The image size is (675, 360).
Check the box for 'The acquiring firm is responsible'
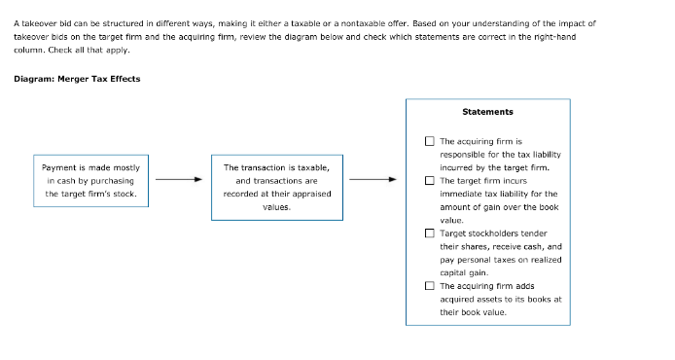(429, 141)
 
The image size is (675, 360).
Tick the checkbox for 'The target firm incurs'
(429, 180)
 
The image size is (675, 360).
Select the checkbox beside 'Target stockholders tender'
(429, 234)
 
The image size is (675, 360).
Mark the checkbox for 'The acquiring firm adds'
(429, 286)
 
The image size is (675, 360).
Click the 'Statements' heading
(487, 112)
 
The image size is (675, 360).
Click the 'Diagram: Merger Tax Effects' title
(77, 79)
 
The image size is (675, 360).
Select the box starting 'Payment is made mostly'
(90, 180)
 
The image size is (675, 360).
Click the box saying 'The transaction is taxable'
(276, 187)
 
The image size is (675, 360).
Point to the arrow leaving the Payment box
(179, 179)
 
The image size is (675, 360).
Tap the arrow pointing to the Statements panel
(373, 179)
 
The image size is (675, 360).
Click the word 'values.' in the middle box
(277, 206)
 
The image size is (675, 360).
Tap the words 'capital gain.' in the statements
(464, 272)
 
